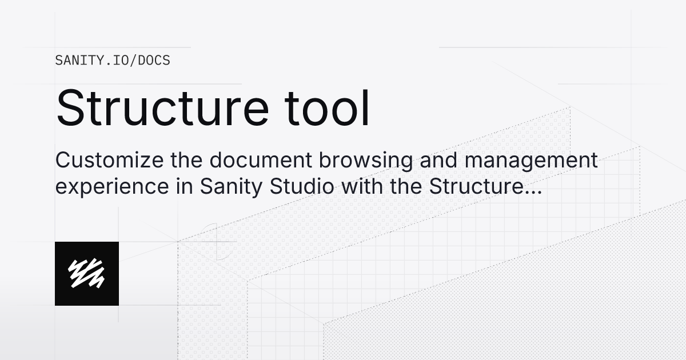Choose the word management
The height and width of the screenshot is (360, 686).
(x=531, y=162)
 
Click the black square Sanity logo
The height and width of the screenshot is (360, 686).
(x=87, y=274)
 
